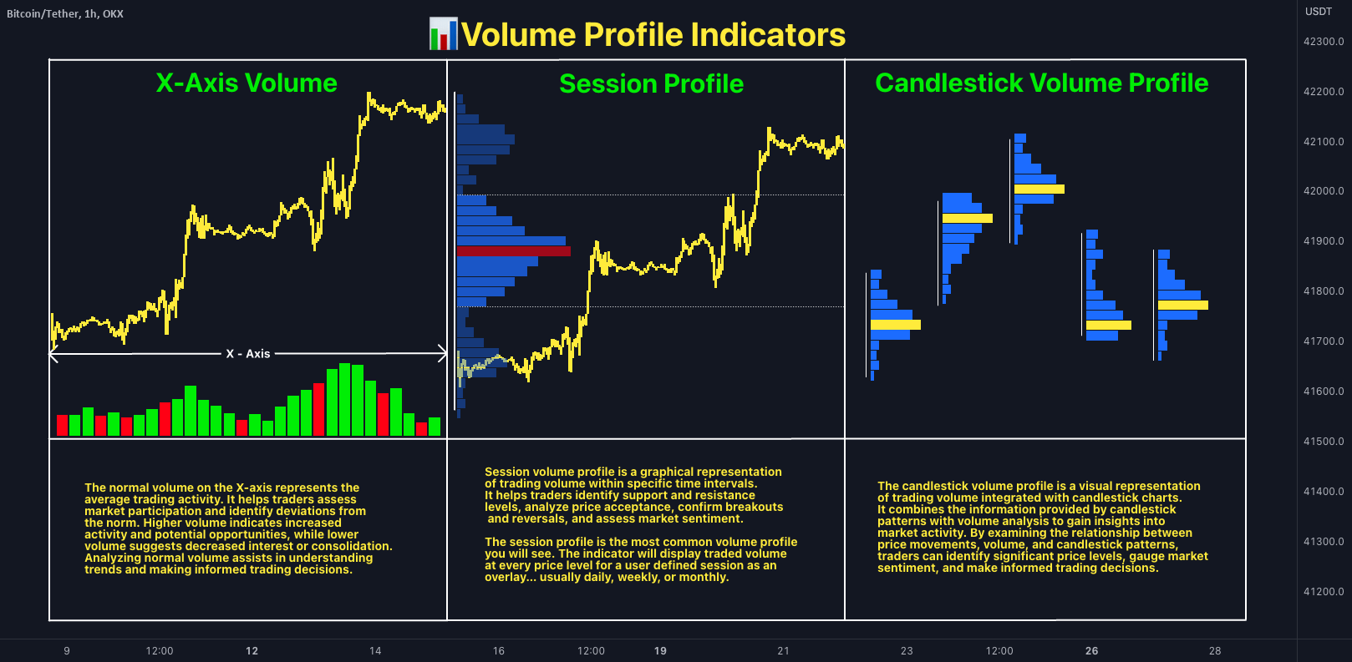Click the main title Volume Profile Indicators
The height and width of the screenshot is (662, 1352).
(x=653, y=35)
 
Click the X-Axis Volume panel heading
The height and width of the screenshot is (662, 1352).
(x=247, y=83)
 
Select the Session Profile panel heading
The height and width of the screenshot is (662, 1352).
(x=651, y=83)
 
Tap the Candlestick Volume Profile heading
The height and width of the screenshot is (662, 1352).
(x=1041, y=83)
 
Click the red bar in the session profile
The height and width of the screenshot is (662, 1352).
(x=513, y=251)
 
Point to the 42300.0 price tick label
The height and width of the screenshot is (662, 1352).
(x=1324, y=42)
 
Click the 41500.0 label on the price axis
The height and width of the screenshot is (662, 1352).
(x=1324, y=442)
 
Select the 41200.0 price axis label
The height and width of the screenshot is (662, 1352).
(x=1324, y=592)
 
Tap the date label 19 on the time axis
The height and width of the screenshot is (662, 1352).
(x=660, y=651)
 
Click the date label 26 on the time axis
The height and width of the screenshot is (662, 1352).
(x=1091, y=651)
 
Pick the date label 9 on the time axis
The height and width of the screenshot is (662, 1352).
(x=67, y=651)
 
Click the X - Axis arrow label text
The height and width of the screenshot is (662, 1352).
(x=247, y=354)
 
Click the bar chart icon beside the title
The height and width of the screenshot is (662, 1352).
(x=443, y=34)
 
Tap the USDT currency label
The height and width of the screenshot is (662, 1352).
(x=1319, y=12)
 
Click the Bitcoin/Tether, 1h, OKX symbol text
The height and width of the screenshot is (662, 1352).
(x=65, y=14)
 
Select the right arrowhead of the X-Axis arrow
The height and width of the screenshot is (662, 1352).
(x=443, y=354)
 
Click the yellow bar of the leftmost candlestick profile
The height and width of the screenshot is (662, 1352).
(x=895, y=325)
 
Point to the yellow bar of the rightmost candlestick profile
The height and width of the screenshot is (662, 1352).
(x=1182, y=305)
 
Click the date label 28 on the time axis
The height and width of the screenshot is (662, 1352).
(x=1215, y=651)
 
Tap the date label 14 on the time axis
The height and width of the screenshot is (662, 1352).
(x=375, y=651)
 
